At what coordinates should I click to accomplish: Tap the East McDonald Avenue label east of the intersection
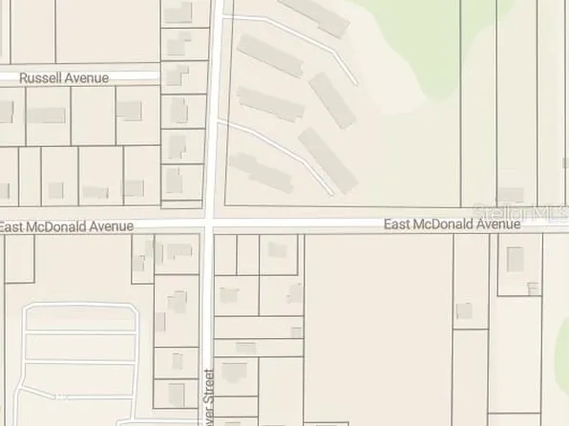tap(452, 224)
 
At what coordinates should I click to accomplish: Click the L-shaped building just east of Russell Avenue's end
tap(174, 76)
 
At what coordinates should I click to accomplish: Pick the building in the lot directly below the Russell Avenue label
tap(45, 115)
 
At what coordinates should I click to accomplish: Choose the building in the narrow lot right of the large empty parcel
tap(464, 310)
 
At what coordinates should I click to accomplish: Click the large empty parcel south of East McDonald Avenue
tap(377, 325)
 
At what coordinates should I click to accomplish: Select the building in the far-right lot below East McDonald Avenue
tap(516, 259)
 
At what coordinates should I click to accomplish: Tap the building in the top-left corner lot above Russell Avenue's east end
tap(178, 12)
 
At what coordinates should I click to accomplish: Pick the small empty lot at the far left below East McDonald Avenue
tap(18, 258)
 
